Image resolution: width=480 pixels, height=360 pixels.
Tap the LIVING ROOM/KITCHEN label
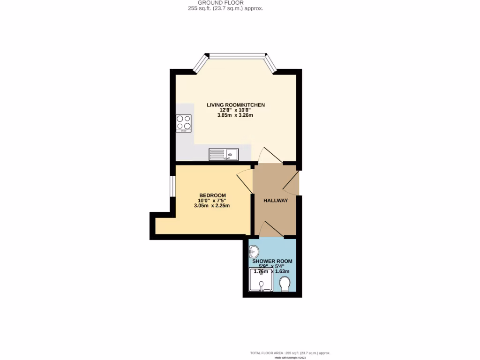(236, 105)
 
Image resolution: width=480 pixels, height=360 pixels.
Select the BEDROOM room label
(212, 195)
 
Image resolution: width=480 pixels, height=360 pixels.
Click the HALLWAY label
(275, 201)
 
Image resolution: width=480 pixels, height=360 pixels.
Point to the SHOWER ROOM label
(273, 262)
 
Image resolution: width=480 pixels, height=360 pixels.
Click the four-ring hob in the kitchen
(184, 123)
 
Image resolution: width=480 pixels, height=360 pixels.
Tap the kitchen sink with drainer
(224, 154)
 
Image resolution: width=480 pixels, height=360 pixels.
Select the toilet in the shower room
(284, 284)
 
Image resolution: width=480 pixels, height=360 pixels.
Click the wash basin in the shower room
(254, 252)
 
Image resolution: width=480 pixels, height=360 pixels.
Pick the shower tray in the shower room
(261, 279)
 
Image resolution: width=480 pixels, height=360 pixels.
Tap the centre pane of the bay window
(237, 56)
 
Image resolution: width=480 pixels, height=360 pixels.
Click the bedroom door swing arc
(244, 179)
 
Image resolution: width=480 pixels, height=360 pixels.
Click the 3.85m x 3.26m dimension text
(235, 115)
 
